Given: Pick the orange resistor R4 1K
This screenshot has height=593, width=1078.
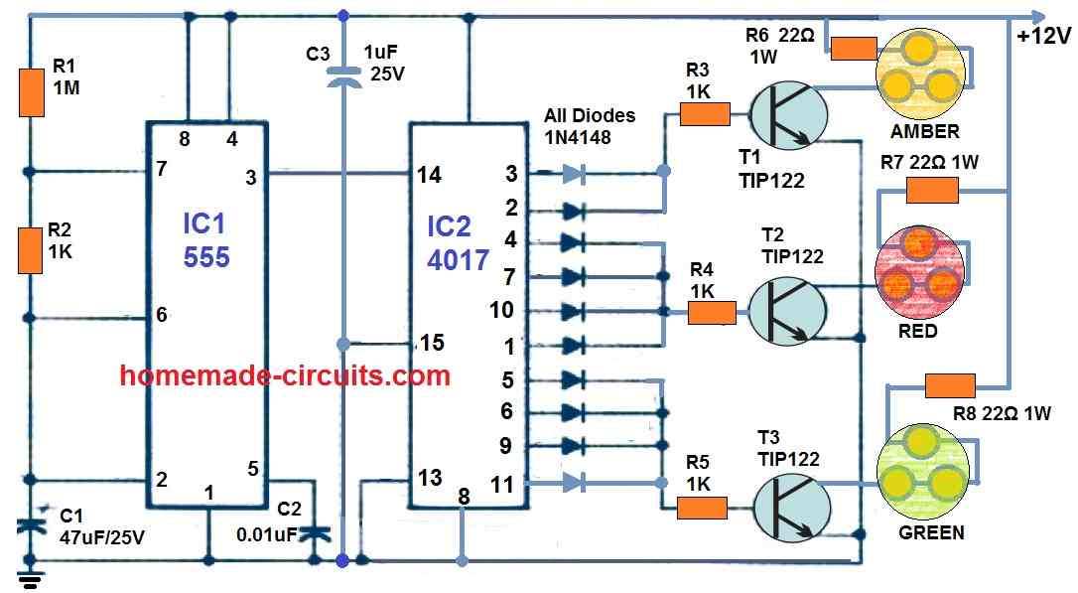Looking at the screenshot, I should (712, 313).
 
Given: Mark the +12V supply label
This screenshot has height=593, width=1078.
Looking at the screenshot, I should (1042, 37).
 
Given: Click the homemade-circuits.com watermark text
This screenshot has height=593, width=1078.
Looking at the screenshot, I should (285, 376).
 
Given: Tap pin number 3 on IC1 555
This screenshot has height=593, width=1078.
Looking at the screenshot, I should (250, 178).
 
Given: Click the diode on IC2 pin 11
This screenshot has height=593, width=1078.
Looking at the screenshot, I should (574, 483).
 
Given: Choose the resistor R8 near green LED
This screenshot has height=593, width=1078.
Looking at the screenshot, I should (949, 385).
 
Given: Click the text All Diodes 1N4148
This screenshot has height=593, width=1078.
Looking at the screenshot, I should (590, 125).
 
